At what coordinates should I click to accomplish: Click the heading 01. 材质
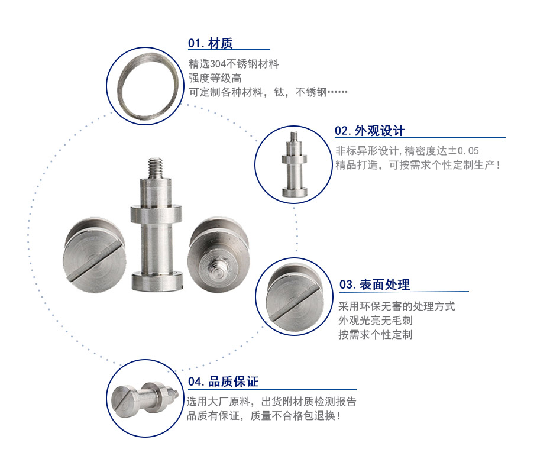[x=210, y=44]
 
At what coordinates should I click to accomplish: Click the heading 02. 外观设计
[x=370, y=131]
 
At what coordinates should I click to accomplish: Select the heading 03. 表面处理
[x=374, y=285]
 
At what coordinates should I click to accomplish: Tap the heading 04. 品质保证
[x=223, y=382]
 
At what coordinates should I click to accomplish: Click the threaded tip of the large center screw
[x=156, y=169]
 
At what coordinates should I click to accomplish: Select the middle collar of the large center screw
[x=156, y=215]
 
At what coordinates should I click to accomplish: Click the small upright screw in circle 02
[x=295, y=164]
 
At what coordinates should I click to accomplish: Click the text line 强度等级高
[x=215, y=78]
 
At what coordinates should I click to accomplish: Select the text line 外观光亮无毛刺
[x=376, y=321]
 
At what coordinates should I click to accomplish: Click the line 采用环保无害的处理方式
[x=397, y=306]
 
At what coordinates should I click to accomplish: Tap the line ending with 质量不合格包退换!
[x=264, y=416]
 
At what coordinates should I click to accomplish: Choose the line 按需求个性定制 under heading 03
[x=376, y=334]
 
